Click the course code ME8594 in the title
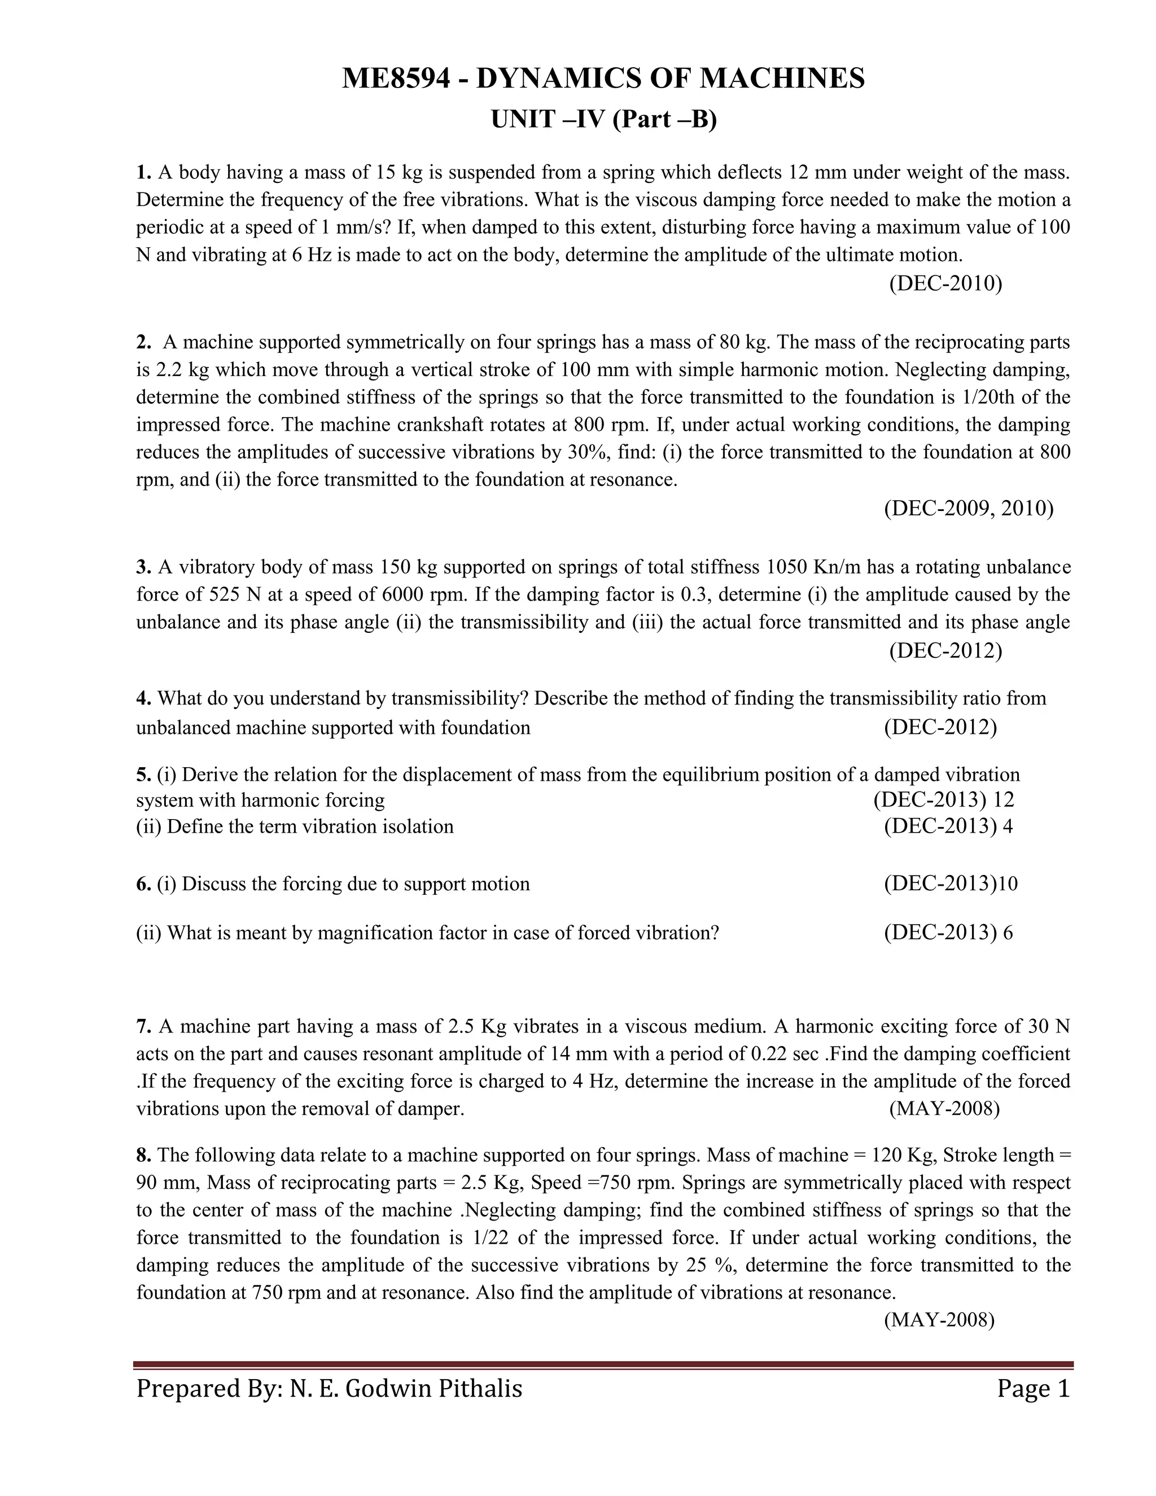pyautogui.click(x=396, y=79)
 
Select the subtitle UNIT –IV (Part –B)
pyautogui.click(x=603, y=119)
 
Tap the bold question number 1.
pyautogui.click(x=142, y=172)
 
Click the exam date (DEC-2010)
pyautogui.click(x=945, y=283)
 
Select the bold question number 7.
pyautogui.click(x=142, y=1026)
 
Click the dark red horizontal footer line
pyautogui.click(x=603, y=1364)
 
